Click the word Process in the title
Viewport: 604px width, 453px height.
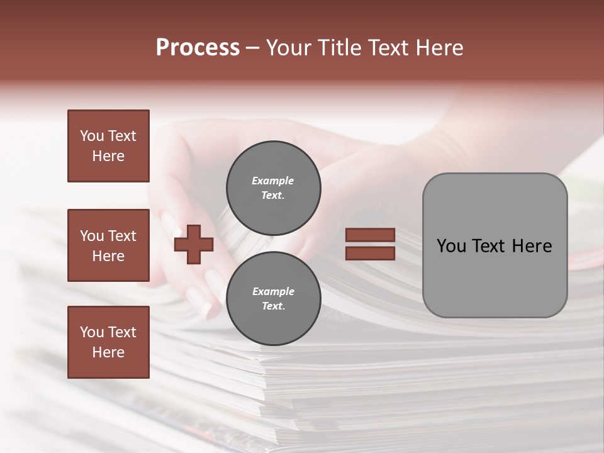tap(198, 48)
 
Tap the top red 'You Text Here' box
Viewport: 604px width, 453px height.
tap(108, 146)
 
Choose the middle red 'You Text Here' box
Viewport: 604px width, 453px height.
tap(108, 245)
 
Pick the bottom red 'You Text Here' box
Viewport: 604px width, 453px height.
tap(108, 342)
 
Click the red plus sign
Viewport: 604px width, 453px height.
tap(194, 245)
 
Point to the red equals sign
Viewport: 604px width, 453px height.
tap(370, 244)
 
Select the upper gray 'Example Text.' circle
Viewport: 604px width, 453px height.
tap(274, 187)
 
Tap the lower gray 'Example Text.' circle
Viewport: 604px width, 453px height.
tap(274, 298)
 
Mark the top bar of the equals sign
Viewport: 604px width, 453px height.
tap(370, 235)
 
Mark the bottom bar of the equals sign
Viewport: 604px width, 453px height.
tap(370, 254)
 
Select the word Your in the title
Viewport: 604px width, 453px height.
tap(290, 48)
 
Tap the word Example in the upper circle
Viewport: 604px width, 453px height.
tap(273, 181)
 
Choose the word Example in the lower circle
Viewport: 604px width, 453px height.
tap(273, 291)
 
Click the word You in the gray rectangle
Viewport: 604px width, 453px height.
tap(452, 246)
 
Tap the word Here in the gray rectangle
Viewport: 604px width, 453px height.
tap(532, 246)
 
